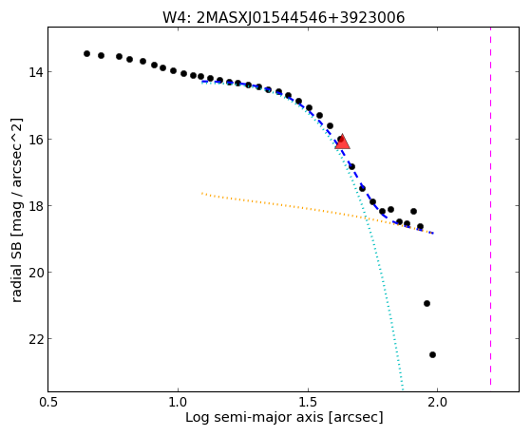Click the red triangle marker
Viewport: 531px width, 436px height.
342,142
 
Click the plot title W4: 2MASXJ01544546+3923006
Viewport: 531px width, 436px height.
283,17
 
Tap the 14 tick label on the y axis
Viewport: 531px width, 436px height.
35,72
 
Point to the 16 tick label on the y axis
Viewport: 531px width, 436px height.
35,140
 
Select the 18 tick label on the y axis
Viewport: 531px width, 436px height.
35,206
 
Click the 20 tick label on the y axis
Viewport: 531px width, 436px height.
35,273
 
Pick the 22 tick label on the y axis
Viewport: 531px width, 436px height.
35,339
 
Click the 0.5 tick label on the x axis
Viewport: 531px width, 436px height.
48,402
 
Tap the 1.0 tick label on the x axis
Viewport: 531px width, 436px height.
179,402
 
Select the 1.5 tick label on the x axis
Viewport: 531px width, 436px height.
308,402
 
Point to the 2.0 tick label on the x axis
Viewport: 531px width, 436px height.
438,402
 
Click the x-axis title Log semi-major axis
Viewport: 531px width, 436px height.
254,418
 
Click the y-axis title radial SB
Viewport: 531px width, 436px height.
16,270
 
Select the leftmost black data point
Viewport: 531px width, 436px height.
86,53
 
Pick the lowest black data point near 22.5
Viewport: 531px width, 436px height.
432,354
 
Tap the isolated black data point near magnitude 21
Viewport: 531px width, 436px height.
427,303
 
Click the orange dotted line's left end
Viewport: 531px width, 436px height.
202,193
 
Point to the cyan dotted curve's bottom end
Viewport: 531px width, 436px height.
403,389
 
